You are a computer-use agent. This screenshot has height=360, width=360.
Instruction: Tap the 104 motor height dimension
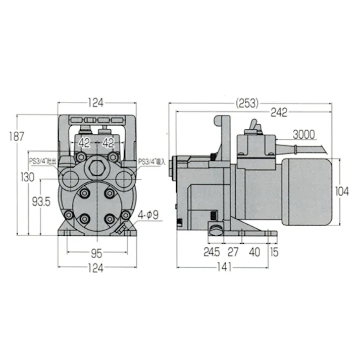click(343, 192)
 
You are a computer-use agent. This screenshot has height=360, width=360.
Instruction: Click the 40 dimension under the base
click(255, 251)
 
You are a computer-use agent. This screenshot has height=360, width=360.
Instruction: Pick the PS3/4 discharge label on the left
click(42, 161)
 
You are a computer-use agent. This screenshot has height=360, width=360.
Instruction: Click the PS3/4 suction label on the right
click(152, 162)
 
